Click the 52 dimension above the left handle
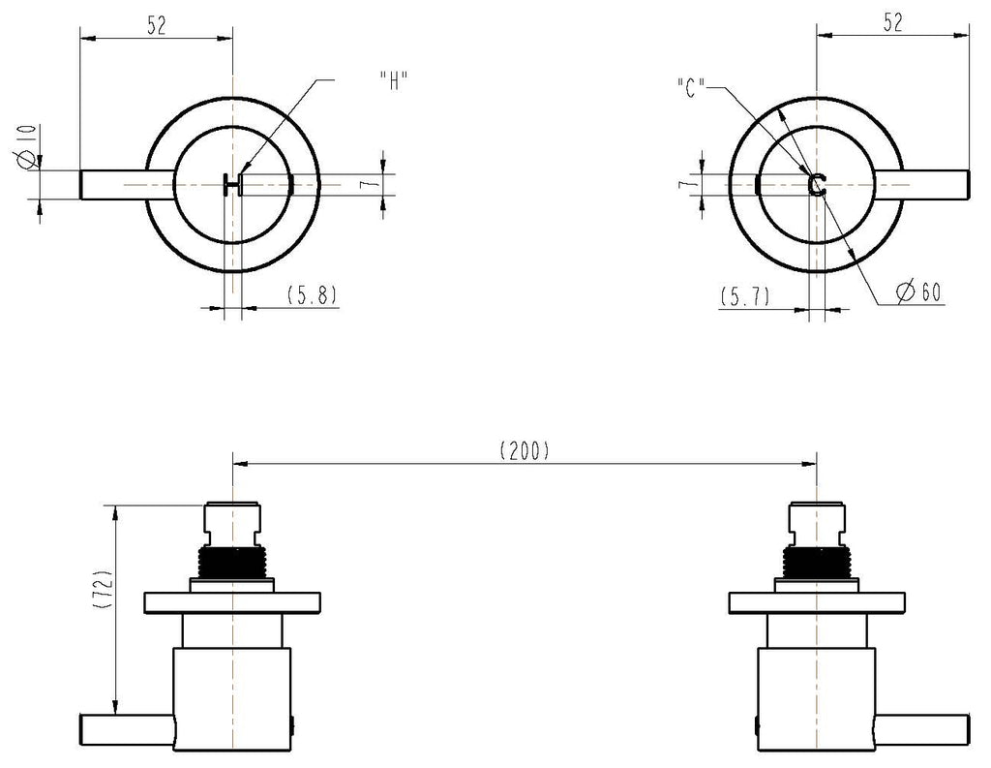click(156, 25)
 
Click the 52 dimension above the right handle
click(892, 23)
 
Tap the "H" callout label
click(394, 81)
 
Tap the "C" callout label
click(690, 87)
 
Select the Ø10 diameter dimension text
click(26, 147)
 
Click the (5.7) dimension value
click(745, 296)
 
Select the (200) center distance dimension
click(525, 450)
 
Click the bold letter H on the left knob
click(232, 185)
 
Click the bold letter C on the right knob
click(817, 184)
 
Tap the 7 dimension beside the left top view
click(373, 183)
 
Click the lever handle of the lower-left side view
click(127, 729)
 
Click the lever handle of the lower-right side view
click(922, 729)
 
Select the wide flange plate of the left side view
click(232, 603)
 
